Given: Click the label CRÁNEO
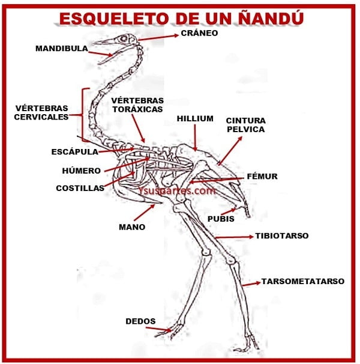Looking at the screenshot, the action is click(x=199, y=33).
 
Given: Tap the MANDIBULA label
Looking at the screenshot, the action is click(x=62, y=49).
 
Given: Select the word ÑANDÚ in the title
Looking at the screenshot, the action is click(x=271, y=18).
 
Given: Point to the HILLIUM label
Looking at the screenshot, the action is click(x=195, y=118).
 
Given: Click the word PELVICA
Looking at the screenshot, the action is click(x=246, y=129).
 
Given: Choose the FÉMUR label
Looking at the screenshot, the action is click(x=262, y=176).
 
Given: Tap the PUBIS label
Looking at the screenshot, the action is click(x=221, y=219).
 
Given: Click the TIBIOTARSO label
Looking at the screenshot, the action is click(x=282, y=235).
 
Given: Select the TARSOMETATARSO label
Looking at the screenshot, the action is click(x=303, y=281).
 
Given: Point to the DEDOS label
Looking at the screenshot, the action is click(x=140, y=321).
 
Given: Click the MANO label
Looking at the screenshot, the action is click(x=132, y=227).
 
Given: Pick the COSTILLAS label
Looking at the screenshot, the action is click(x=80, y=188).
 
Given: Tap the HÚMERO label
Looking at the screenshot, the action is click(x=81, y=171).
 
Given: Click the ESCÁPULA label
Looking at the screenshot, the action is click(x=74, y=152).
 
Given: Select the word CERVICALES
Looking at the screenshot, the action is click(x=41, y=117).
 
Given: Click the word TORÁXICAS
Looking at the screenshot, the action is click(x=138, y=109).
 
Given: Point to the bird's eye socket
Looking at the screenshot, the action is click(x=124, y=38).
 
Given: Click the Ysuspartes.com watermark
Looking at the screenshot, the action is click(x=177, y=191).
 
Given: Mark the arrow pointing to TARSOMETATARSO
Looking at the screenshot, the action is click(x=251, y=284).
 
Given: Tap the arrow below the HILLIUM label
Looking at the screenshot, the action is click(x=195, y=138).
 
